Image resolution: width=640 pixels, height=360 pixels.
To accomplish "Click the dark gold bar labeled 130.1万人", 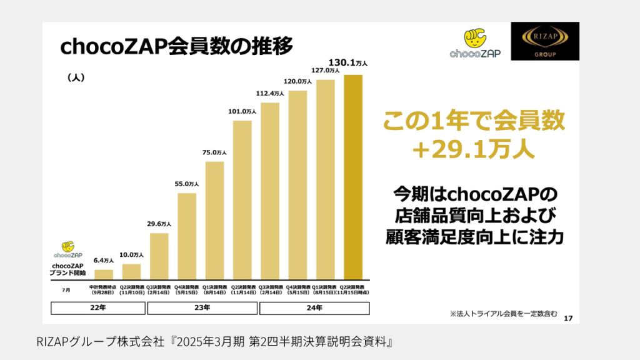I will (x=353, y=178).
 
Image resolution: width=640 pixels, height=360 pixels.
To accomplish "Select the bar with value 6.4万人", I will (x=104, y=274).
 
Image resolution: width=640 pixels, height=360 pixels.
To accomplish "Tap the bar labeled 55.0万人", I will (x=187, y=236).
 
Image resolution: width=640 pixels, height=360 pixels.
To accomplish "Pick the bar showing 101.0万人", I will (x=242, y=200).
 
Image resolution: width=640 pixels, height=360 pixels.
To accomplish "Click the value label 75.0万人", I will (x=214, y=152).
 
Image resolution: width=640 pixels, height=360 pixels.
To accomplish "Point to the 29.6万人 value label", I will (x=159, y=223).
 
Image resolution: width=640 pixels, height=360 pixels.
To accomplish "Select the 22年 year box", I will (x=98, y=307).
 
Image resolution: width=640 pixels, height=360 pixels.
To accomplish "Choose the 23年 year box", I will (x=202, y=307).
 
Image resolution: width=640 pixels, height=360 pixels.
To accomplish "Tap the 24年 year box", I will (x=315, y=307).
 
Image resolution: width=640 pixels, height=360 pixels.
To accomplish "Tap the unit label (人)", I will (x=75, y=78).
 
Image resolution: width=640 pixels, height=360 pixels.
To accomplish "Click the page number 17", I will (x=567, y=319).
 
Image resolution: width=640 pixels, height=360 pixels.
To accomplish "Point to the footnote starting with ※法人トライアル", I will (x=503, y=312).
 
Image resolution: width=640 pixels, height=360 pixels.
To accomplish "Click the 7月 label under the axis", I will (x=66, y=290).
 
